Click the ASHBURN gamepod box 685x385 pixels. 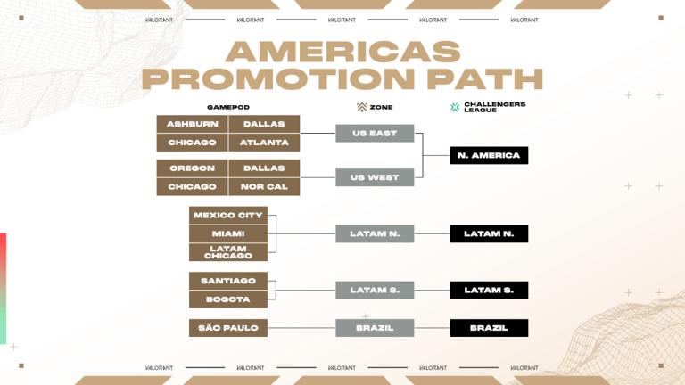click(x=192, y=124)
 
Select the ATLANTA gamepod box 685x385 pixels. click(x=264, y=143)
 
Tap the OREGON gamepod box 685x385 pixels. click(x=192, y=168)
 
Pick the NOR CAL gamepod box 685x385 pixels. click(x=264, y=187)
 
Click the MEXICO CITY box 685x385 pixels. click(x=227, y=215)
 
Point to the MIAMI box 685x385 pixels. click(x=227, y=233)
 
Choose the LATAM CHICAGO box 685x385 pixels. click(x=227, y=252)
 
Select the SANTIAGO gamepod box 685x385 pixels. click(x=227, y=281)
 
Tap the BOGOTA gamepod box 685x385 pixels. click(x=227, y=299)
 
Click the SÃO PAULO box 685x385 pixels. click(x=227, y=328)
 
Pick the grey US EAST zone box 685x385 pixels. click(x=375, y=134)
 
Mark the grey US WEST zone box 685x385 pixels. click(x=375, y=177)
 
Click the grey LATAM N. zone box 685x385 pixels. click(x=375, y=233)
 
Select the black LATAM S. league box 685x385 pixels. click(x=489, y=291)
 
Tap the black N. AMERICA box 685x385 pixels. click(x=489, y=155)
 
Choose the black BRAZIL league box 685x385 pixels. click(x=489, y=328)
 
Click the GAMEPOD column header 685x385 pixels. click(x=228, y=107)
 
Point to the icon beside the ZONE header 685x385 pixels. click(x=361, y=107)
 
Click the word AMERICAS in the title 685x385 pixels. click(x=343, y=52)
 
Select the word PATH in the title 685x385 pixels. click(x=485, y=78)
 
